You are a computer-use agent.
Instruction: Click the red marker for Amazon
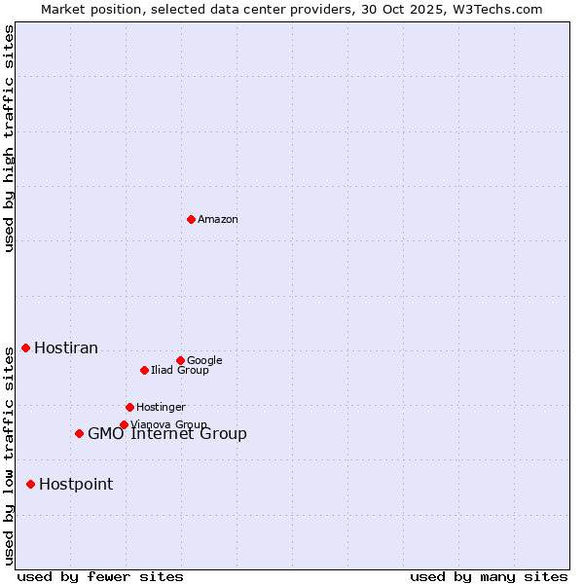point(191,219)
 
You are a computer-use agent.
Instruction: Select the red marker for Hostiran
point(25,347)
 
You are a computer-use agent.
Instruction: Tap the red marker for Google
point(180,360)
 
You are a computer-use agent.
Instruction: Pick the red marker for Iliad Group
point(144,370)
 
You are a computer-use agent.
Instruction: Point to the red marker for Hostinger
point(129,407)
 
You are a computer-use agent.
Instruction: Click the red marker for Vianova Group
point(124,424)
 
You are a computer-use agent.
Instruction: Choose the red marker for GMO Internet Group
point(79,433)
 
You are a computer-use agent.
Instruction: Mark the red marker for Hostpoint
point(30,484)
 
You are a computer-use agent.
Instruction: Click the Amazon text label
point(218,220)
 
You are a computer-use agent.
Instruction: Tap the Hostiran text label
point(66,348)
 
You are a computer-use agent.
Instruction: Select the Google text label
point(204,361)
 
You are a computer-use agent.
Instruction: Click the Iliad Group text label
point(180,371)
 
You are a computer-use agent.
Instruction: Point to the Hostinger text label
point(161,408)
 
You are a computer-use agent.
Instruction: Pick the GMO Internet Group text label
point(167,434)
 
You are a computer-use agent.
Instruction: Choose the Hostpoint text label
point(76,485)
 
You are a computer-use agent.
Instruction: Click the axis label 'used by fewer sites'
point(100,576)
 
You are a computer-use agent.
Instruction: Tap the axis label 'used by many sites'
point(489,576)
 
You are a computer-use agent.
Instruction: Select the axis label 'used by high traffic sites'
point(9,138)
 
